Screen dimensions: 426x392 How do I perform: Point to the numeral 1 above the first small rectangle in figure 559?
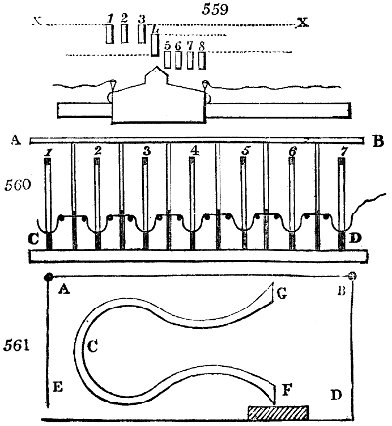coord(111,18)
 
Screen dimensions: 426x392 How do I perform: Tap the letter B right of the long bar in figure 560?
coord(378,141)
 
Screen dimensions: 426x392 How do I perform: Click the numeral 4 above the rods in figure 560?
coord(194,152)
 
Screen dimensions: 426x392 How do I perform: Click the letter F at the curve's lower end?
coord(287,390)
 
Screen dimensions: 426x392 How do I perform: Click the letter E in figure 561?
coord(59,389)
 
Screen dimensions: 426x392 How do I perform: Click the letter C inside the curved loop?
coord(92,345)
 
